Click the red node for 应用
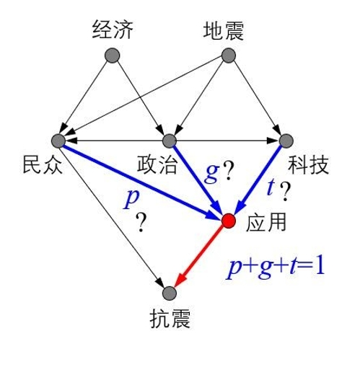point(229,221)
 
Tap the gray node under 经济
point(112,56)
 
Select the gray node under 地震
point(229,56)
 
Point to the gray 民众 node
point(58,141)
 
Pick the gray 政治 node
point(170,141)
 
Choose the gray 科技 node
point(286,141)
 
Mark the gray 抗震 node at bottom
point(170,293)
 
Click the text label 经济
point(113,30)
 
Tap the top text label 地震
point(224,30)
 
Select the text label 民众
point(43,164)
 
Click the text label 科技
point(308,165)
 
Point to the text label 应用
point(266,222)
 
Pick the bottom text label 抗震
point(170,319)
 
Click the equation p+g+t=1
point(276,267)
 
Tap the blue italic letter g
point(212,173)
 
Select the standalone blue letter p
point(131,199)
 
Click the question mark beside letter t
point(285,192)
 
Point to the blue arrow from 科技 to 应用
point(258,180)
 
